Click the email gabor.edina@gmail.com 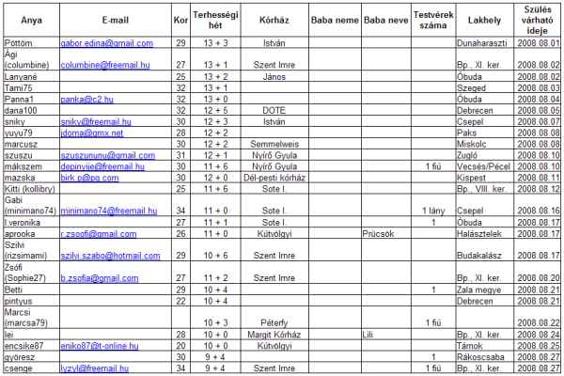[x=106, y=44]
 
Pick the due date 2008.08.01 [x=542, y=44]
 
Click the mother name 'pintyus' [x=19, y=301]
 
